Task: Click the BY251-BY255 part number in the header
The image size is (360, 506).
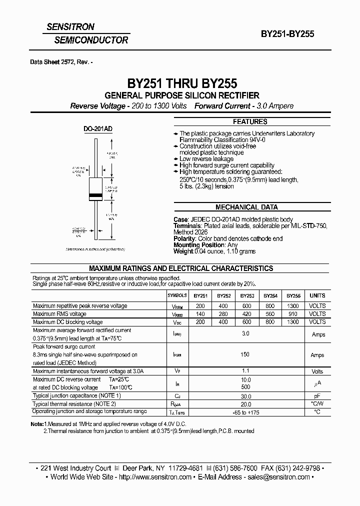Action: click(287, 34)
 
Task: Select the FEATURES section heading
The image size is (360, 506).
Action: click(250, 122)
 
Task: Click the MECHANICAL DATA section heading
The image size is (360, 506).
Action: click(246, 207)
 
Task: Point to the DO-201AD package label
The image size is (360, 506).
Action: click(97, 128)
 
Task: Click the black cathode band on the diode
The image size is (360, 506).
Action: click(95, 194)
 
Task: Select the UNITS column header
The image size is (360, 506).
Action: click(317, 295)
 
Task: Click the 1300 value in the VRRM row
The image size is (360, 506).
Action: click(293, 306)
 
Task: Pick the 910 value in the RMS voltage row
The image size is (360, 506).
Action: click(293, 314)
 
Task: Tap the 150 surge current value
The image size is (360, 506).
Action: click(245, 354)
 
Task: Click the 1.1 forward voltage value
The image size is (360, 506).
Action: click(245, 371)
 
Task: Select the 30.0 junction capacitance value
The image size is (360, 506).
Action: click(245, 396)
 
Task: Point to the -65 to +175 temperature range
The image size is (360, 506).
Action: click(245, 412)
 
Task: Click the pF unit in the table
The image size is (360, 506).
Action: click(317, 396)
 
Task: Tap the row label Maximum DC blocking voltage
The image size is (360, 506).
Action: click(67, 322)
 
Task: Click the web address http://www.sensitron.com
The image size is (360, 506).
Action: click(155, 477)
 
